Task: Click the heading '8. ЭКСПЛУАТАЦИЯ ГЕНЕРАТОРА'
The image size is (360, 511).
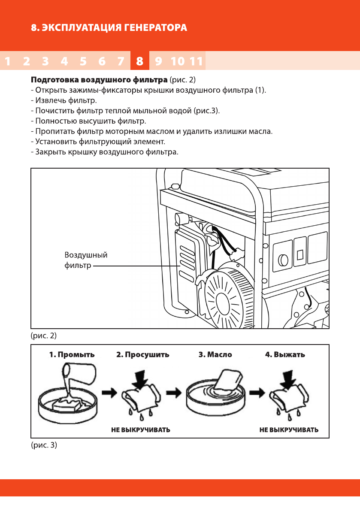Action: [109, 29]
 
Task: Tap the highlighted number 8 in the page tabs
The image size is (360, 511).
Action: [139, 61]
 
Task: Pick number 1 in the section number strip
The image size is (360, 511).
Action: [7, 61]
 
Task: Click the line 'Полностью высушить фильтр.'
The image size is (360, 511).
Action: [88, 121]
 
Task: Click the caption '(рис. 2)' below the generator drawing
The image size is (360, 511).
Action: [44, 335]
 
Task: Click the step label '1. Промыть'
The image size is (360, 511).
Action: [71, 355]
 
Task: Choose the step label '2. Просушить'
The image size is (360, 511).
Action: [142, 355]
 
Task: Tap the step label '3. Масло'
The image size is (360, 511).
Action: [215, 355]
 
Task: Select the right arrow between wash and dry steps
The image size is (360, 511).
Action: [109, 392]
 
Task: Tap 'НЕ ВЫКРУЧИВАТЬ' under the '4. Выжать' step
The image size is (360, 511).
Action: [289, 429]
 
